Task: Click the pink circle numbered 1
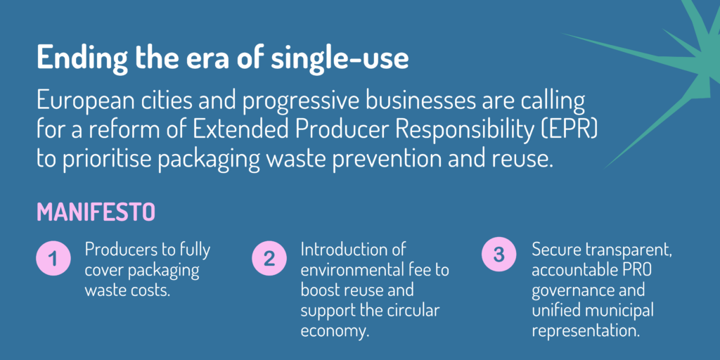(x=53, y=259)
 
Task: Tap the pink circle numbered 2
(x=269, y=258)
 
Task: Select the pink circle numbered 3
(x=499, y=254)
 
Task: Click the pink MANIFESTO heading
(x=96, y=212)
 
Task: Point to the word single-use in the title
(x=340, y=59)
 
